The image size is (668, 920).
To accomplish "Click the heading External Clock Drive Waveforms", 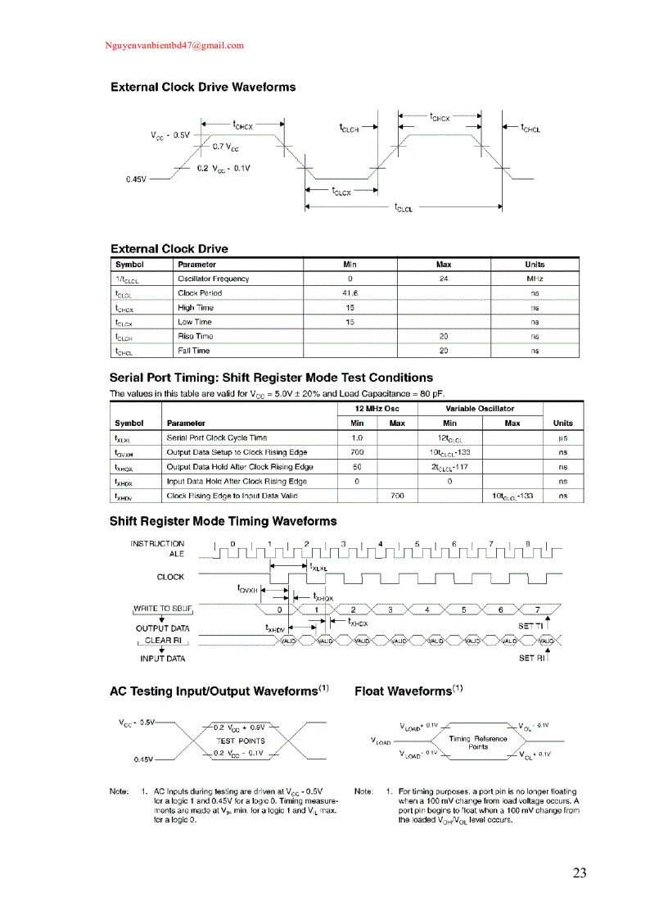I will [x=203, y=87].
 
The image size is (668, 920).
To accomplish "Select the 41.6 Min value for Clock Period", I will [x=350, y=293].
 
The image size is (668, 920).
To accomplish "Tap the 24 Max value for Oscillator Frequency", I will [x=444, y=279].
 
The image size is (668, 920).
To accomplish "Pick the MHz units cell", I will [x=535, y=279].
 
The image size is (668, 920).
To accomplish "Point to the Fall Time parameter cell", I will [x=194, y=351].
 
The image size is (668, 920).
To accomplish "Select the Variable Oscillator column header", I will [x=480, y=408].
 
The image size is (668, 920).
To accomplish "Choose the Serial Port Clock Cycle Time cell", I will [x=216, y=438].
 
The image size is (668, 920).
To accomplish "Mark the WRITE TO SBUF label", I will [x=161, y=608].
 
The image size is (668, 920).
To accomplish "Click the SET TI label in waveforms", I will [x=531, y=626].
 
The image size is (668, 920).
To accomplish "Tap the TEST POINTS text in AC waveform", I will [x=241, y=741].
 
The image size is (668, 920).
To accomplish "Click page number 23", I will [x=580, y=873].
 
